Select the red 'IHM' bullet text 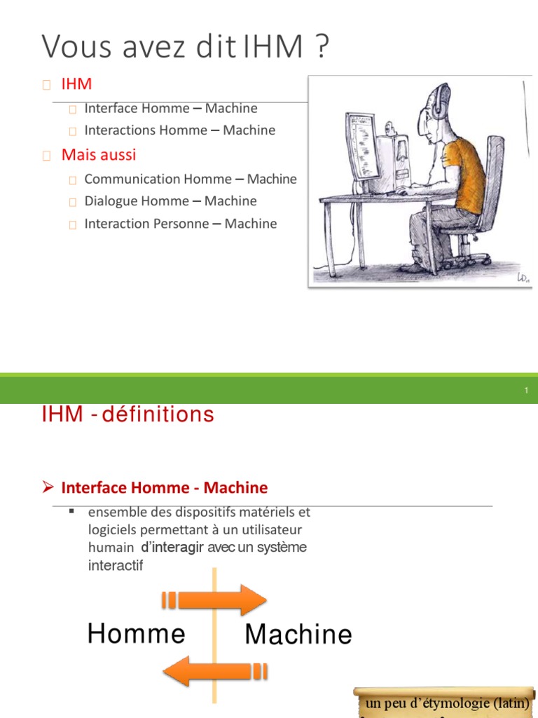pos(76,84)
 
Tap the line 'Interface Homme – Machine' pos(170,109)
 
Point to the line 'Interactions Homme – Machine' pos(179,130)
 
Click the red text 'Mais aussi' pos(99,154)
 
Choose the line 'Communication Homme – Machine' pos(190,179)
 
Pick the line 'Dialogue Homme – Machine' pos(170,201)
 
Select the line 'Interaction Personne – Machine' pos(180,224)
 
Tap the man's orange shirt pos(463,171)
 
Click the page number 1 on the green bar pos(525,391)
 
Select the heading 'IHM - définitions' pos(128,415)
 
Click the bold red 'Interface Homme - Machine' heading pos(165,487)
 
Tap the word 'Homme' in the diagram pos(137,634)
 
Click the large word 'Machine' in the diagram pos(298,635)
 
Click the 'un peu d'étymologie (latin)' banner pos(446,703)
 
